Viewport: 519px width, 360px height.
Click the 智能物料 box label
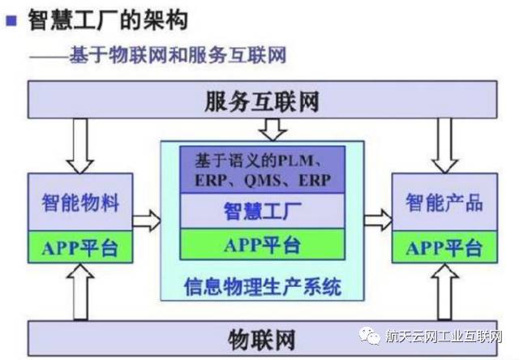(79, 202)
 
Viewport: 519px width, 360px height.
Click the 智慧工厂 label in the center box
(262, 212)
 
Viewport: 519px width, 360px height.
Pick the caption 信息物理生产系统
(262, 285)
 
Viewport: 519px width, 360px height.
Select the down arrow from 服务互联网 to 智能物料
(79, 144)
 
